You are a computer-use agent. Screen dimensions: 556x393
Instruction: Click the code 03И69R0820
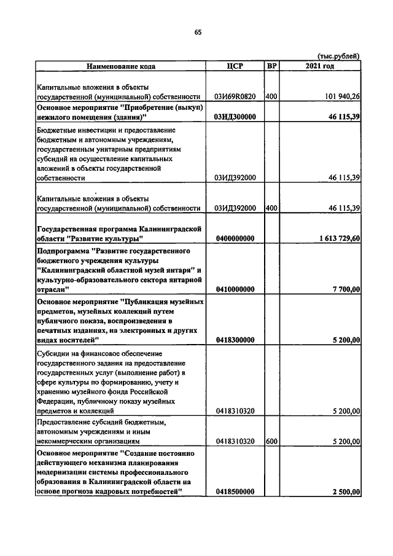tap(234, 96)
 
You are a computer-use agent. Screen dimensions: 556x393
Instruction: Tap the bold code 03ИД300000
tap(234, 116)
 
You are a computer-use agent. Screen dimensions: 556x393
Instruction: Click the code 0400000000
tap(234, 238)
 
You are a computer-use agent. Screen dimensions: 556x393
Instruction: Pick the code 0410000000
tap(234, 289)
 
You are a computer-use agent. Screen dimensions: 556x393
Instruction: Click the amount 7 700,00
tap(344, 289)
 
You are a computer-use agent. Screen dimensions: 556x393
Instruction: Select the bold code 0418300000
tap(234, 340)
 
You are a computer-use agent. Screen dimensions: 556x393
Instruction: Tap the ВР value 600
tap(271, 441)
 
